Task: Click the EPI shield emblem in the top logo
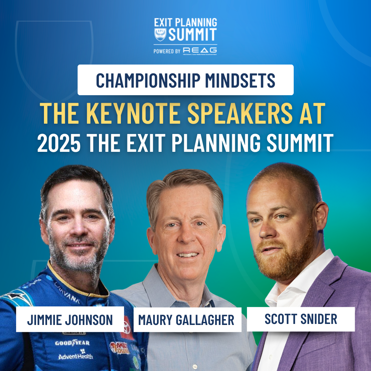[160, 34]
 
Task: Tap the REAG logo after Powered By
[200, 50]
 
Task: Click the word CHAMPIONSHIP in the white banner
[147, 80]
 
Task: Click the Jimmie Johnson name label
[70, 320]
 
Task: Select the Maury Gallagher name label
[187, 320]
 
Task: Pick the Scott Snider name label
[301, 319]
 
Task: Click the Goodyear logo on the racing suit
[72, 343]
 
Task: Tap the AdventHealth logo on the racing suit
[76, 356]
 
